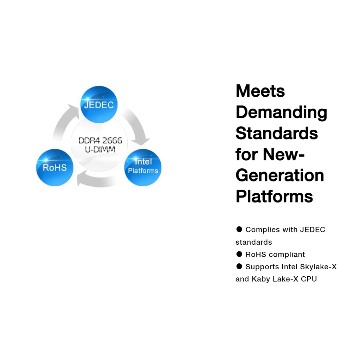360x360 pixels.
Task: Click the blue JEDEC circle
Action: click(x=99, y=104)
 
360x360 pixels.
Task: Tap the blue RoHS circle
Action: click(x=54, y=167)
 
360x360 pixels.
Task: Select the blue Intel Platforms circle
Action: click(x=143, y=167)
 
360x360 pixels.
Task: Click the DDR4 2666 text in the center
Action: click(x=100, y=141)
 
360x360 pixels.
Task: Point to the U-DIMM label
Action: click(x=100, y=149)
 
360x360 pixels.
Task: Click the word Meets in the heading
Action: click(x=260, y=91)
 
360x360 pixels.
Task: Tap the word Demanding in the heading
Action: click(x=281, y=112)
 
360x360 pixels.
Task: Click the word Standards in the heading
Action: click(x=277, y=133)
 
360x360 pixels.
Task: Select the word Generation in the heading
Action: click(x=279, y=175)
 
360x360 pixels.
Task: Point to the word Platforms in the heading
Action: click(x=274, y=196)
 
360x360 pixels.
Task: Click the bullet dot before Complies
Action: click(x=239, y=229)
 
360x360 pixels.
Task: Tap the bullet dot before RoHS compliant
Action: click(x=239, y=254)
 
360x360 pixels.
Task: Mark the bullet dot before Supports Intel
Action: click(x=239, y=266)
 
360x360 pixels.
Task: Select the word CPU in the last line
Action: click(x=309, y=279)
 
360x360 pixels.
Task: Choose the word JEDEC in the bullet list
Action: click(x=312, y=230)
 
